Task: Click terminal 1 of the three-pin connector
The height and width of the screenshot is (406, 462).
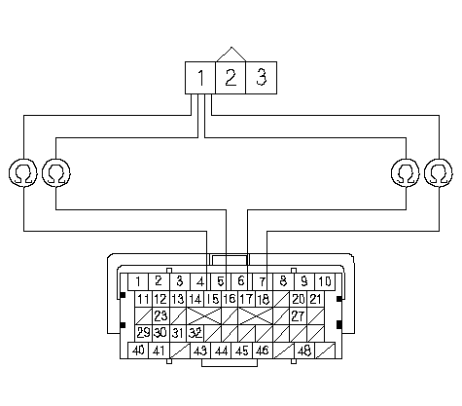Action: point(200,78)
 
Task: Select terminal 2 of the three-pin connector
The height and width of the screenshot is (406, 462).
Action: point(231,78)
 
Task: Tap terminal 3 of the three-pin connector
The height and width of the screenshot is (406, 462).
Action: point(262,78)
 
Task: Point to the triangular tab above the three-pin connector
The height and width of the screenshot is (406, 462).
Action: point(231,55)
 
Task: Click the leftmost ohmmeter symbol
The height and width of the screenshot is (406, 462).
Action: point(23,172)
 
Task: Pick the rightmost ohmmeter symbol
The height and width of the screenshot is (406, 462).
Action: point(439,172)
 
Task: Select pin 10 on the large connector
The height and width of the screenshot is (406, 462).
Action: point(325,281)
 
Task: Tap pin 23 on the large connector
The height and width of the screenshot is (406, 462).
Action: point(160,315)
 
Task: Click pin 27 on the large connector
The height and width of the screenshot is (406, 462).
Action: point(299,315)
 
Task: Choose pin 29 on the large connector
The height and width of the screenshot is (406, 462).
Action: point(144,333)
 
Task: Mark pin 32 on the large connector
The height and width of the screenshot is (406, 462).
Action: point(195,333)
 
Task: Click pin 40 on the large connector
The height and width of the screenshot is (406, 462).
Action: point(138,351)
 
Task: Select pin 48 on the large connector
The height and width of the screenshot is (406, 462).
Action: point(304,351)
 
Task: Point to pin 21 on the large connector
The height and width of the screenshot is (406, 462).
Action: point(315,299)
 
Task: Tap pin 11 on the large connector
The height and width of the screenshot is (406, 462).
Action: point(144,299)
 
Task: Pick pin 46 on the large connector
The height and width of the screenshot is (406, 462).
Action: point(263,351)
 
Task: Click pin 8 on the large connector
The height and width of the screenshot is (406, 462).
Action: point(283,281)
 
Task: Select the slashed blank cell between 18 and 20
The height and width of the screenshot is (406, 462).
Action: point(281,299)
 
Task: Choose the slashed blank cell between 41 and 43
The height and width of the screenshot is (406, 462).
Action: point(180,351)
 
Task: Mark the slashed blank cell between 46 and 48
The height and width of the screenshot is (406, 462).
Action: point(284,351)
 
